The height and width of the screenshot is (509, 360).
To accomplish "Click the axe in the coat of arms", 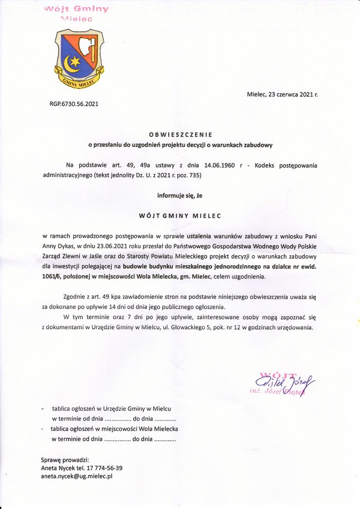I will click(91, 48).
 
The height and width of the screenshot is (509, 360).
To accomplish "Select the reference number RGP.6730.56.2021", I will click(74, 104).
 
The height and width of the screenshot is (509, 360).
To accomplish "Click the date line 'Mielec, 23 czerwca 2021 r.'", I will click(282, 95).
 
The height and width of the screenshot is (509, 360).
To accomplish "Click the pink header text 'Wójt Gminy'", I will click(77, 9).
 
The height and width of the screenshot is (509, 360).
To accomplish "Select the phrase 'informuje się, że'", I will click(180, 195).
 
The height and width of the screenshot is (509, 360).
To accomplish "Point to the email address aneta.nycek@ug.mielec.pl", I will click(77, 477).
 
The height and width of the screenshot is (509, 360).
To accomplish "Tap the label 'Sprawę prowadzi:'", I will click(65, 459).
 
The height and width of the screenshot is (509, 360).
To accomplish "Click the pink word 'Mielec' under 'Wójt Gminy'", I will click(76, 19).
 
